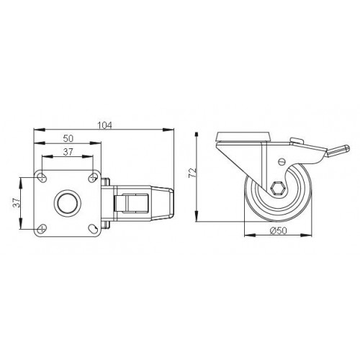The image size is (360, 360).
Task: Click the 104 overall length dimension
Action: pyautogui.click(x=104, y=125)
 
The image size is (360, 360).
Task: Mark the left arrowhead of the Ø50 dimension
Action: pyautogui.click(x=246, y=235)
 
